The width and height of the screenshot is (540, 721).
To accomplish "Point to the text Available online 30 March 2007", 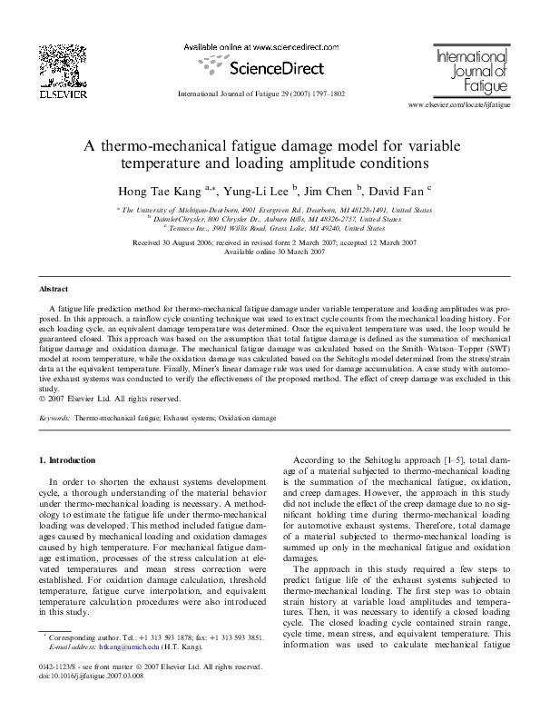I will click(270, 252).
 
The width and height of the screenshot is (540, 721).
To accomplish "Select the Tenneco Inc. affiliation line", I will click(270, 229).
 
